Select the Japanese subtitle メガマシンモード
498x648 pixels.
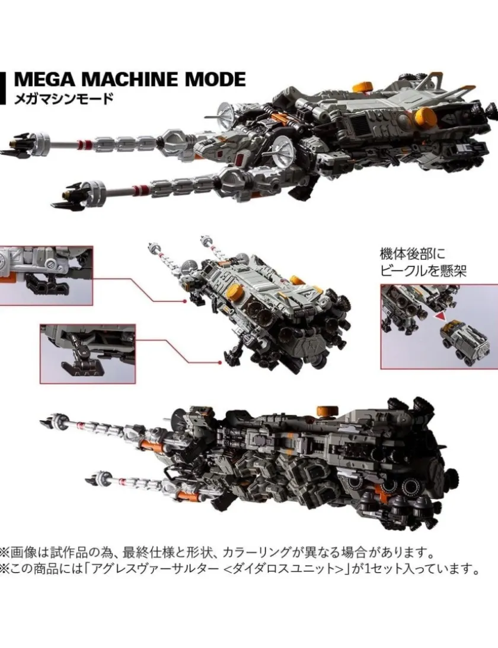pyautogui.click(x=63, y=99)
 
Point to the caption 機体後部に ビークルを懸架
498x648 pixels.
pyautogui.click(x=423, y=262)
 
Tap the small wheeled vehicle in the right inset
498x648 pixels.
pyautogui.click(x=465, y=341)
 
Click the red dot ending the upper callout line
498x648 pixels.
pyautogui.click(x=184, y=301)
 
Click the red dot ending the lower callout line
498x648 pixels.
pyautogui.click(x=221, y=363)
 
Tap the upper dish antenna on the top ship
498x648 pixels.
pyautogui.click(x=228, y=112)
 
